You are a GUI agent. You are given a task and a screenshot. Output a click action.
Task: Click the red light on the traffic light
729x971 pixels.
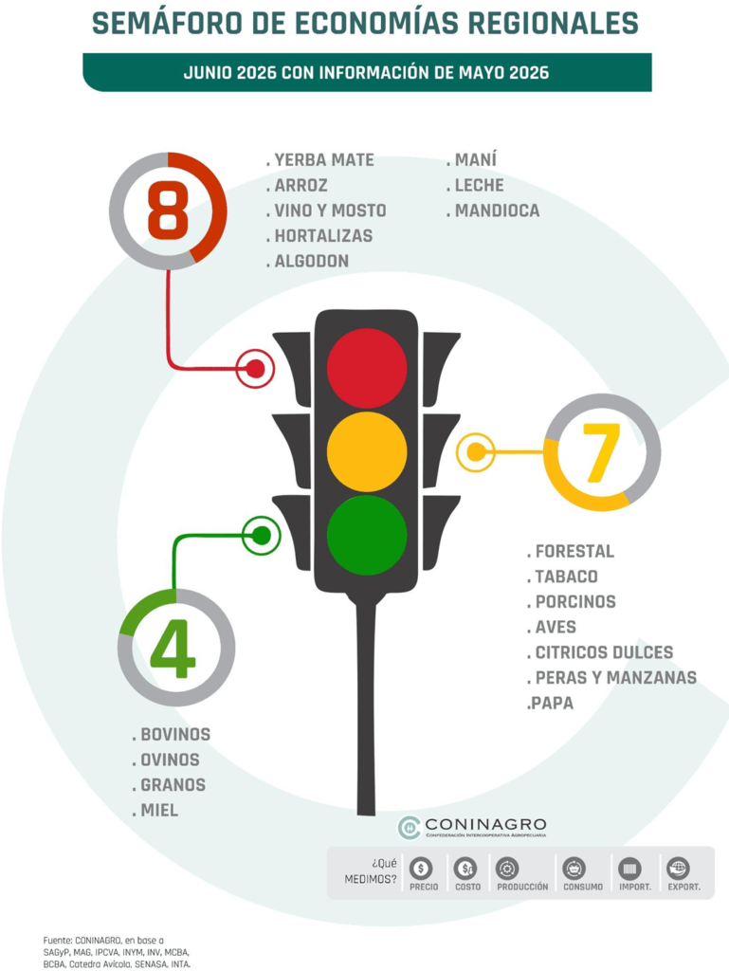click(x=367, y=368)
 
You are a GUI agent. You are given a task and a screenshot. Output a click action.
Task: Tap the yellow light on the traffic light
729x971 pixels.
click(x=367, y=452)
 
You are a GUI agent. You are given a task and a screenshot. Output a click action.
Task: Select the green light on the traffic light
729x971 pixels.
click(x=367, y=535)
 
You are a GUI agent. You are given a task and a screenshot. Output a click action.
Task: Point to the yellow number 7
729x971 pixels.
click(x=602, y=452)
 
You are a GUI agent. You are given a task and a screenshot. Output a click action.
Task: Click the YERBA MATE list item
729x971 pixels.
click(x=319, y=160)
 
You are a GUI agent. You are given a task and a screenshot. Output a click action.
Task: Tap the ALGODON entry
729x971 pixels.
click(x=307, y=262)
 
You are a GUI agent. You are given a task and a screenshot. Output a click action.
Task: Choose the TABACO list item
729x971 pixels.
click(x=562, y=577)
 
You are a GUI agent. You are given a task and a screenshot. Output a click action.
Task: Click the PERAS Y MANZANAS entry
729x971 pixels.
click(x=611, y=677)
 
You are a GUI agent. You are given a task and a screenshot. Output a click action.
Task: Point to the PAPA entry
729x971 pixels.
click(x=550, y=703)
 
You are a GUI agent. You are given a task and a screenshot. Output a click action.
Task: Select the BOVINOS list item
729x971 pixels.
click(x=171, y=735)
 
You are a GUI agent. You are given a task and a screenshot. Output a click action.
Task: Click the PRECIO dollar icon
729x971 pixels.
click(x=422, y=869)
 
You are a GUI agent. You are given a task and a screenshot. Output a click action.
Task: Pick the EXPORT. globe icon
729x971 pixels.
click(x=678, y=869)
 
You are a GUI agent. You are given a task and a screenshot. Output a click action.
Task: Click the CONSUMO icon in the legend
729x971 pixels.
click(x=574, y=869)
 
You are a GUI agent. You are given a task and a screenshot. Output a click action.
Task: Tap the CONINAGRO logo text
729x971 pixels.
click(x=485, y=824)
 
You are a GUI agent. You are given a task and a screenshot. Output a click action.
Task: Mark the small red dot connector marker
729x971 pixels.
click(x=256, y=369)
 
